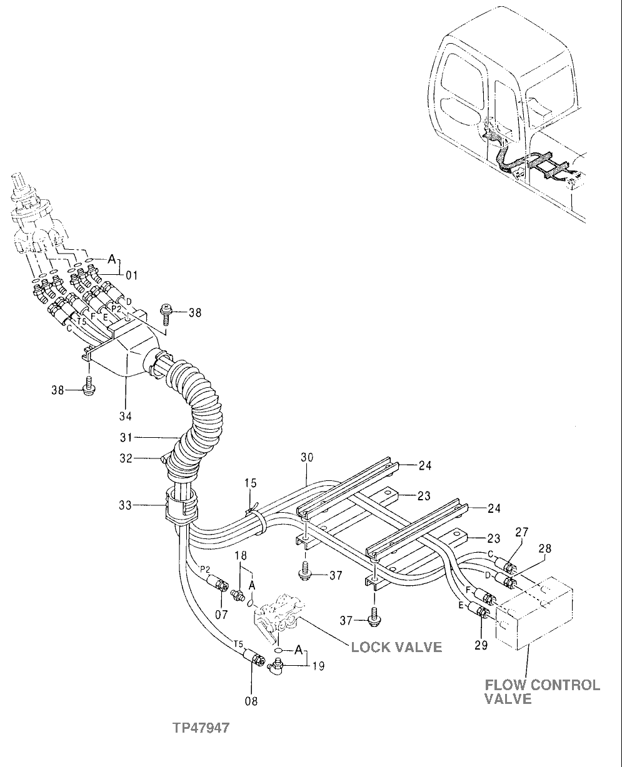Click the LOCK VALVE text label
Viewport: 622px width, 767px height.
tap(396, 646)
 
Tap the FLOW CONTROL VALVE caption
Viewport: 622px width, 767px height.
tap(542, 692)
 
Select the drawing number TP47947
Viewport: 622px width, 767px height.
tap(202, 728)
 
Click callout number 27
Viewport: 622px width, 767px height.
tap(522, 532)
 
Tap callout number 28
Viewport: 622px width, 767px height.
tap(544, 548)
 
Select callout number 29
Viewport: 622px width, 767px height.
tap(480, 645)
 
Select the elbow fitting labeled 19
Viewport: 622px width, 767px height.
tap(276, 668)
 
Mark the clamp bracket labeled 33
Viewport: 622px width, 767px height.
tap(180, 505)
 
